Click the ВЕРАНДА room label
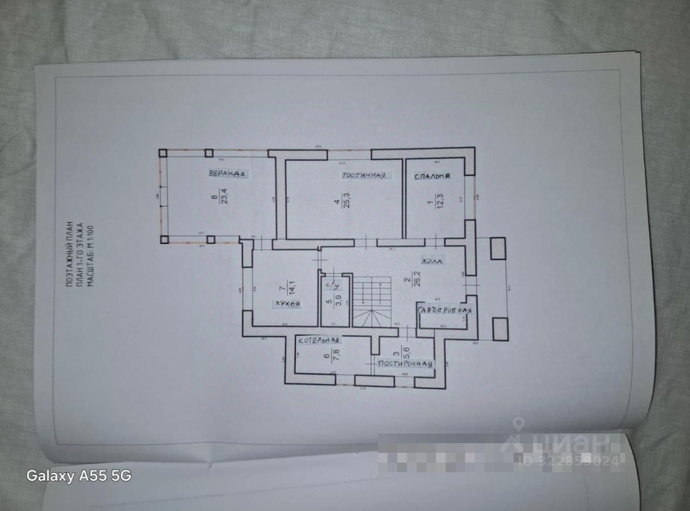(x=227, y=174)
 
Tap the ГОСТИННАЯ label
(x=364, y=176)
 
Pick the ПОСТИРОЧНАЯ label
(x=405, y=364)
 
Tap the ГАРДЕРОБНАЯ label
(x=445, y=311)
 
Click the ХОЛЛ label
(x=431, y=261)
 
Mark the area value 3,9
(x=339, y=299)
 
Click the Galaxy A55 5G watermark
(x=79, y=476)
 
